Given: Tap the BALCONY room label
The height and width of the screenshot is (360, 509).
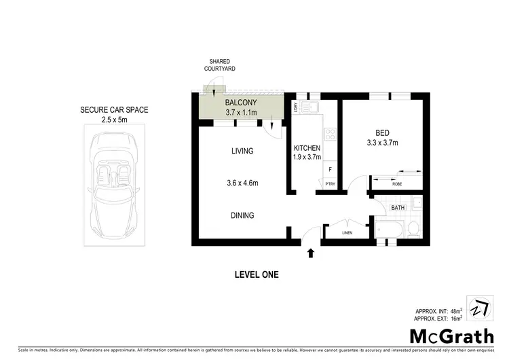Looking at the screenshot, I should coord(240,102).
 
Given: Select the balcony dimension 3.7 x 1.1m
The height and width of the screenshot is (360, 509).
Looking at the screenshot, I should coord(240,111).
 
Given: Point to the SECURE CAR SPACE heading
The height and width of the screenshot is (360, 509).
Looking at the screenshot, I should coord(114,110).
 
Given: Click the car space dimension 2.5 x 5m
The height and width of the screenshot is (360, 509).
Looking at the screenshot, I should coord(113,120).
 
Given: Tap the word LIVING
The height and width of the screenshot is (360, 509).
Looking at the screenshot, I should coord(242,151).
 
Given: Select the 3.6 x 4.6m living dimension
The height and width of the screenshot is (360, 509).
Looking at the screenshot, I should coord(242,183).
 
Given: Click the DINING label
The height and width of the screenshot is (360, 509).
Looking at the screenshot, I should coord(242,215).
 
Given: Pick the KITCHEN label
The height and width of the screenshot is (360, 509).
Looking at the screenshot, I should coord(307,148).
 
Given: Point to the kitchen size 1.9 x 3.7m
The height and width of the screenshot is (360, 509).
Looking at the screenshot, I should coord(307,158).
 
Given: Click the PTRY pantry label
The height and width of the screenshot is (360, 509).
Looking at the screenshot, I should coord(330,183).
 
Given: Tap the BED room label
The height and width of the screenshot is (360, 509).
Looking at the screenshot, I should coord(382,133).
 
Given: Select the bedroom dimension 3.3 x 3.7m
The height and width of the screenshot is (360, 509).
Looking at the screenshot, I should coord(382,143).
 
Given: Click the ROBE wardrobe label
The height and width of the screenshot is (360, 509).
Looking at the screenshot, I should coord(397,183).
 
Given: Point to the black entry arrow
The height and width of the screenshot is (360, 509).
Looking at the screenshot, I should coord(311,253).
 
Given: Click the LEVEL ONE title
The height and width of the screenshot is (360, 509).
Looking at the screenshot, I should coord(257,275).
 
